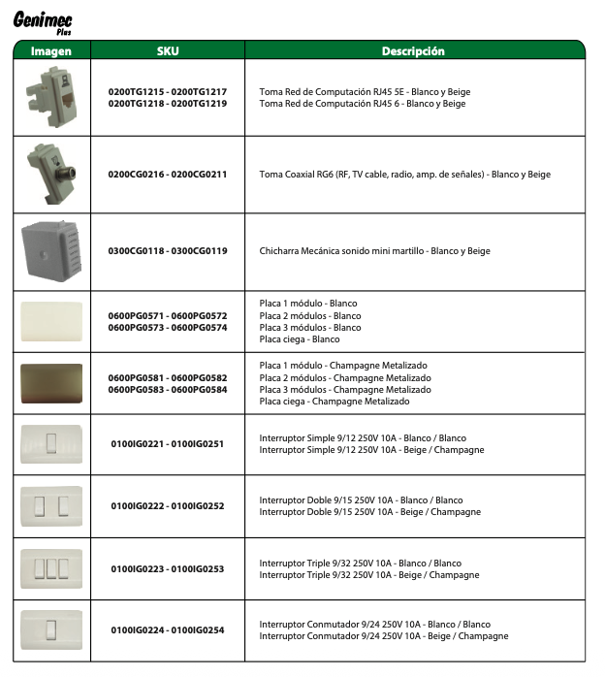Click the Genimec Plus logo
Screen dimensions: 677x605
click(43, 20)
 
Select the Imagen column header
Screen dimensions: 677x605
click(51, 50)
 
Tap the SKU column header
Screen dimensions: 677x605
click(168, 50)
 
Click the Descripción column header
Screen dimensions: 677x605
click(413, 50)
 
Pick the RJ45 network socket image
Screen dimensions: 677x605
click(50, 96)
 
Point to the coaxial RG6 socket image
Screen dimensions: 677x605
click(49, 173)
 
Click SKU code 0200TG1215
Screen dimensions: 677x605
click(137, 91)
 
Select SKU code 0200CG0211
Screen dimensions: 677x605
click(200, 175)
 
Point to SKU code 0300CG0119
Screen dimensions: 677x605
click(200, 251)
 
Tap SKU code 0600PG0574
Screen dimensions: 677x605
click(200, 328)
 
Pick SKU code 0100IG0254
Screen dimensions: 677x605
click(198, 630)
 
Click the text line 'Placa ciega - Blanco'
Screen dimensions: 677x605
click(300, 339)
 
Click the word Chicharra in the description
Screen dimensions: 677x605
click(280, 251)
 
